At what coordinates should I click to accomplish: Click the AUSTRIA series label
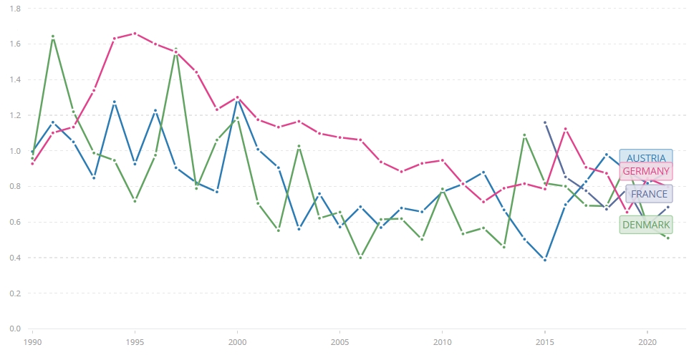(646, 158)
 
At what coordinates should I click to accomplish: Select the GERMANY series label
(646, 171)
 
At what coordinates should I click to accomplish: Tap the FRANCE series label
(649, 194)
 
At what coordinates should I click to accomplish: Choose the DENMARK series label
(646, 225)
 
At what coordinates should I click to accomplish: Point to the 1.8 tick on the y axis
(14, 9)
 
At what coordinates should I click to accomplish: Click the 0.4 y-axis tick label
(14, 258)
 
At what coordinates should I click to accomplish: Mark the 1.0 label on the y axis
(14, 151)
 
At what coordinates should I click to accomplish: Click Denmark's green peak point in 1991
(53, 36)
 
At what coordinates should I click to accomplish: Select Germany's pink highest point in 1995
(135, 34)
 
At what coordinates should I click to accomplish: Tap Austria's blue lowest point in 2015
(545, 260)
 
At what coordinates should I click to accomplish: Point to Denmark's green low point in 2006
(360, 257)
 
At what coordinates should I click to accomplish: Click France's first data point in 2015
(545, 122)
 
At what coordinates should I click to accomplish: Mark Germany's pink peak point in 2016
(566, 129)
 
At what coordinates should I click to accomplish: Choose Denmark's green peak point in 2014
(524, 135)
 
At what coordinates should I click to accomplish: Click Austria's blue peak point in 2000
(237, 99)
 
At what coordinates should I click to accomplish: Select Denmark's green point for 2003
(299, 146)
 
